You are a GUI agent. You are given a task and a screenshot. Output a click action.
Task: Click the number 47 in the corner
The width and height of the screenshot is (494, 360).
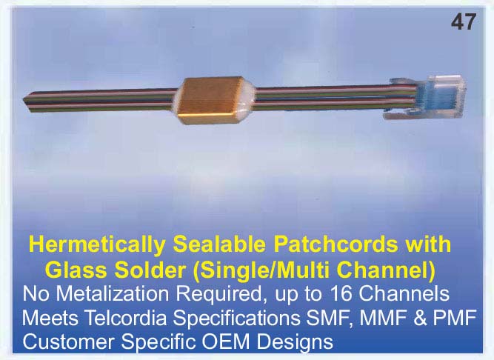[x=464, y=22]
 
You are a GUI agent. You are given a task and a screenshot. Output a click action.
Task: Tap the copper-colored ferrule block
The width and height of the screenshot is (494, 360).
[x=211, y=100]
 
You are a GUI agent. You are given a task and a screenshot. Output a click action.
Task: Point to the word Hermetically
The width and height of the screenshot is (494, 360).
[x=97, y=245]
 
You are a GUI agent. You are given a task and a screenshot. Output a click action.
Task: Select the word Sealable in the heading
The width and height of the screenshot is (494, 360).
[x=219, y=244]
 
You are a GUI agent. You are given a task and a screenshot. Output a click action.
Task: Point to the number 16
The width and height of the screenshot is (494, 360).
[x=341, y=294]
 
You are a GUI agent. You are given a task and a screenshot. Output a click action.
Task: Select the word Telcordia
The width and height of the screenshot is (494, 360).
[x=126, y=318]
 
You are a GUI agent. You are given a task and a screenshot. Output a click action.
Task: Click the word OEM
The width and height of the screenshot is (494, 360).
[x=225, y=341]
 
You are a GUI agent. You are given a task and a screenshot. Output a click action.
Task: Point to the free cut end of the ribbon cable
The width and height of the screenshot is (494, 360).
[x=26, y=100]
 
